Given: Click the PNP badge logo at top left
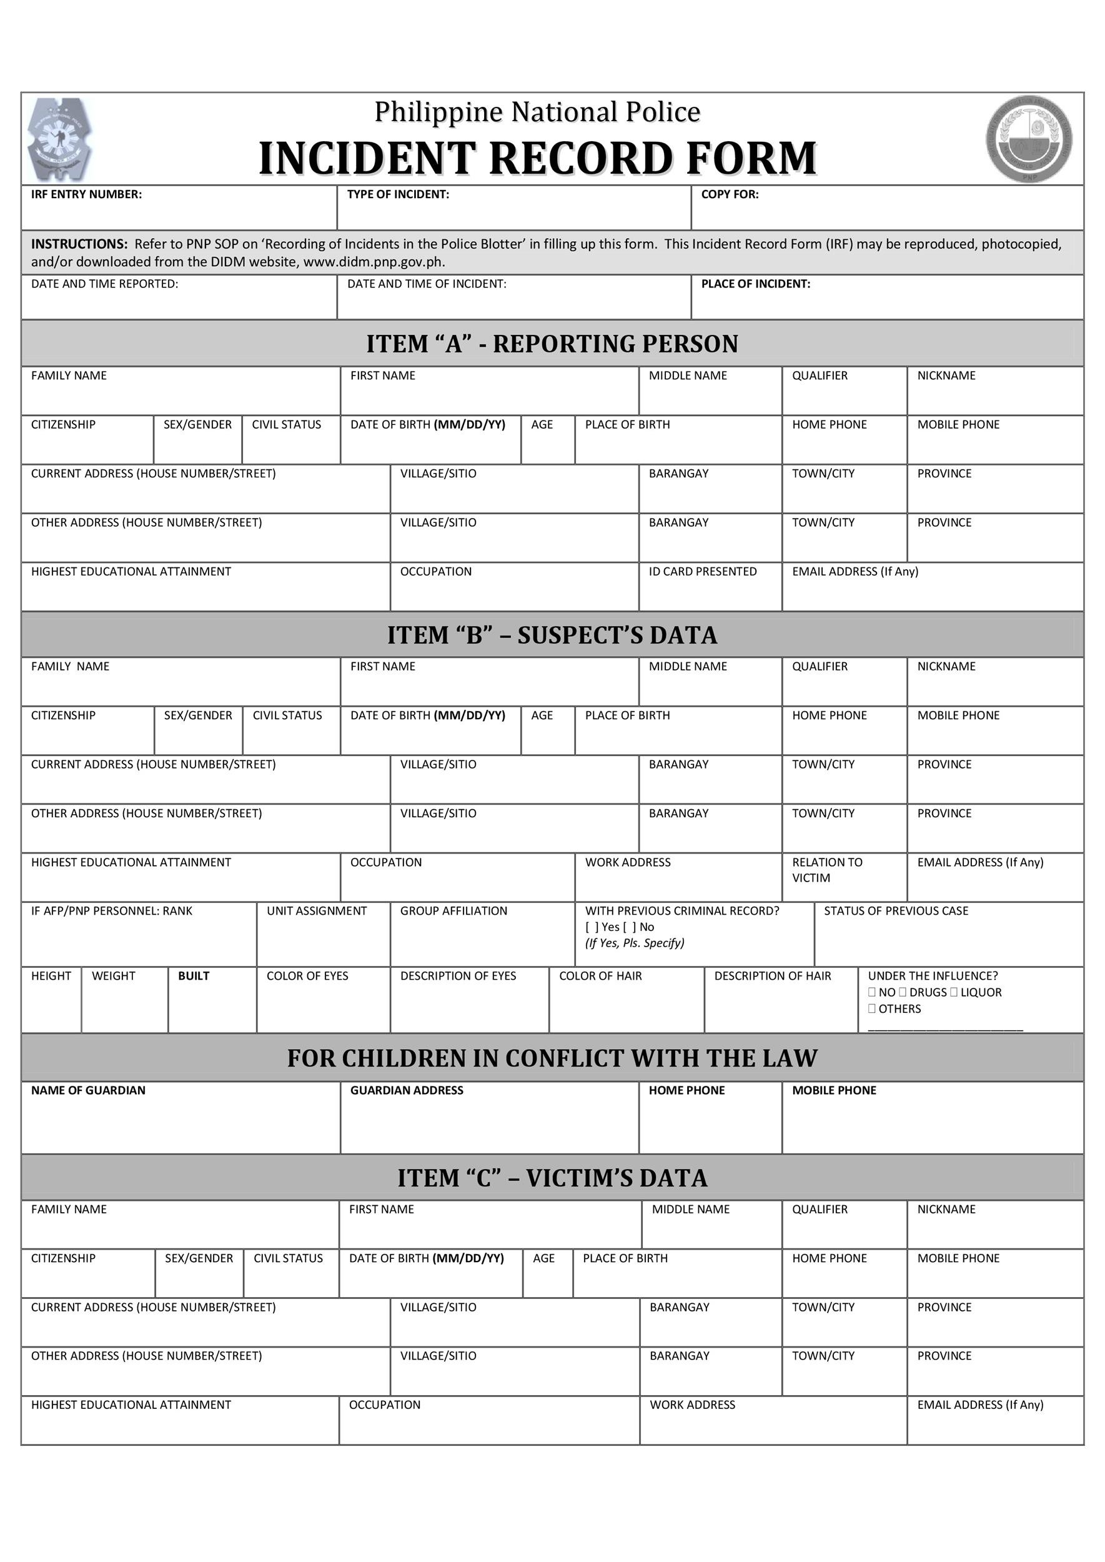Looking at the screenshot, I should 59,139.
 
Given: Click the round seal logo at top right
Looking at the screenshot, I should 1029,139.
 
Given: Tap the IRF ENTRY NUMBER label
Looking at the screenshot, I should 86,195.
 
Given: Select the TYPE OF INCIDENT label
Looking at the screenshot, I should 398,195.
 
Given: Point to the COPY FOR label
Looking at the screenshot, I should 730,195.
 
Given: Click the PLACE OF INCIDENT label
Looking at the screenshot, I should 755,284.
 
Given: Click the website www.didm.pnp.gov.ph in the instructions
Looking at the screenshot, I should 374,262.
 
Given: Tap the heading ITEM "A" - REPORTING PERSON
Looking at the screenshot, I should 552,344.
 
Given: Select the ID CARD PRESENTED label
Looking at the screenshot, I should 702,572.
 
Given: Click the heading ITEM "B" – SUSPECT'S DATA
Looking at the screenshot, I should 552,635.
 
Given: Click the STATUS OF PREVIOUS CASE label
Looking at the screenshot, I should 896,912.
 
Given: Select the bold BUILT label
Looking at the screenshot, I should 193,976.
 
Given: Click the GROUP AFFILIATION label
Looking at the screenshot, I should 453,912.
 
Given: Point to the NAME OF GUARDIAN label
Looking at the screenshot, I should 88,1090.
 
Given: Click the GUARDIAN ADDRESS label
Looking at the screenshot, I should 406,1090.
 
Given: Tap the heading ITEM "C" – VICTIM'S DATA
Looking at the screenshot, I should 552,1178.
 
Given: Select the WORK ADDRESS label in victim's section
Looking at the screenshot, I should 692,1405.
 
